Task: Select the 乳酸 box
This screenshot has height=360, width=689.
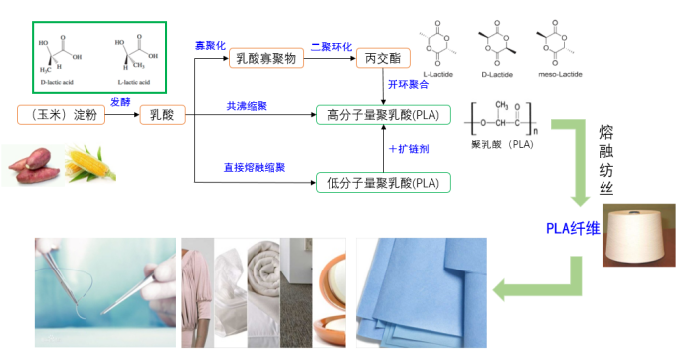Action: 162,115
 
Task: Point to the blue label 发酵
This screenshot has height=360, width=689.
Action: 119,102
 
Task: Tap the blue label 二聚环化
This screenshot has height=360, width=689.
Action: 330,46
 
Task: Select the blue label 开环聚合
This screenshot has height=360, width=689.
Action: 408,84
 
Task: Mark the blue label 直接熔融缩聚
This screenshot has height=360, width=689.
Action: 255,168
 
